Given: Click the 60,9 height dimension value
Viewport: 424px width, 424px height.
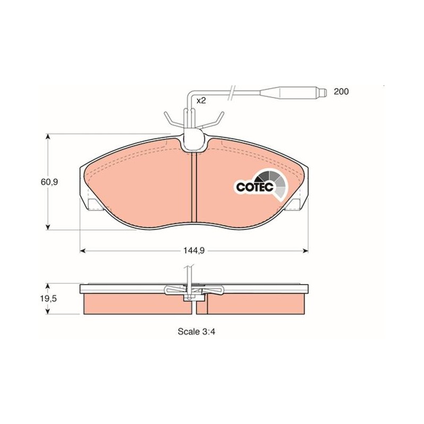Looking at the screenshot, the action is (49, 182).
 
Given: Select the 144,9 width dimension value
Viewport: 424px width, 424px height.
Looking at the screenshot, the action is (194, 251).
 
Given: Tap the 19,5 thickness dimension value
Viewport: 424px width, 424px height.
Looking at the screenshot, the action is (49, 299).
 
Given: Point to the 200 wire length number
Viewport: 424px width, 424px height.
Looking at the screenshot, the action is (341, 92).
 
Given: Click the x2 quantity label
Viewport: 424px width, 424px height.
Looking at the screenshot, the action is (201, 101).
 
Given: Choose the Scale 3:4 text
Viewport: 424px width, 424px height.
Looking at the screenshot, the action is (196, 332).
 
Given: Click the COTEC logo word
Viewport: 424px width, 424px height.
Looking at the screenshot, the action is (255, 187).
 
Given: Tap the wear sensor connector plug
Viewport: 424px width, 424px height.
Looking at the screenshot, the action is (293, 92).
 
